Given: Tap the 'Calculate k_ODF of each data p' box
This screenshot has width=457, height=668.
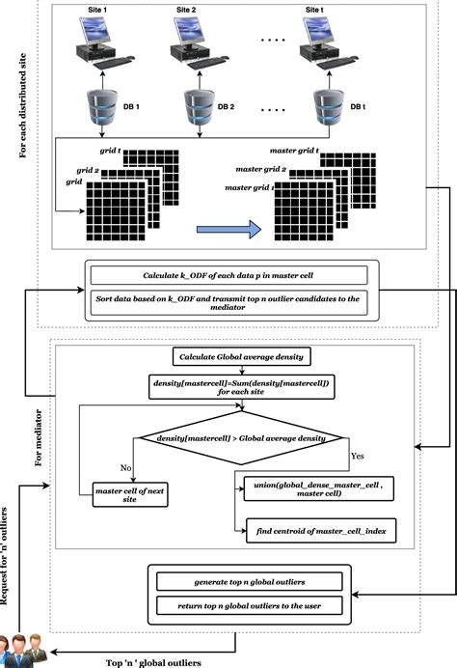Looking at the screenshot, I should [x=228, y=275].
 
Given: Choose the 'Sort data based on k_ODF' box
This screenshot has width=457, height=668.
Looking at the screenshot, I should [x=228, y=302].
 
